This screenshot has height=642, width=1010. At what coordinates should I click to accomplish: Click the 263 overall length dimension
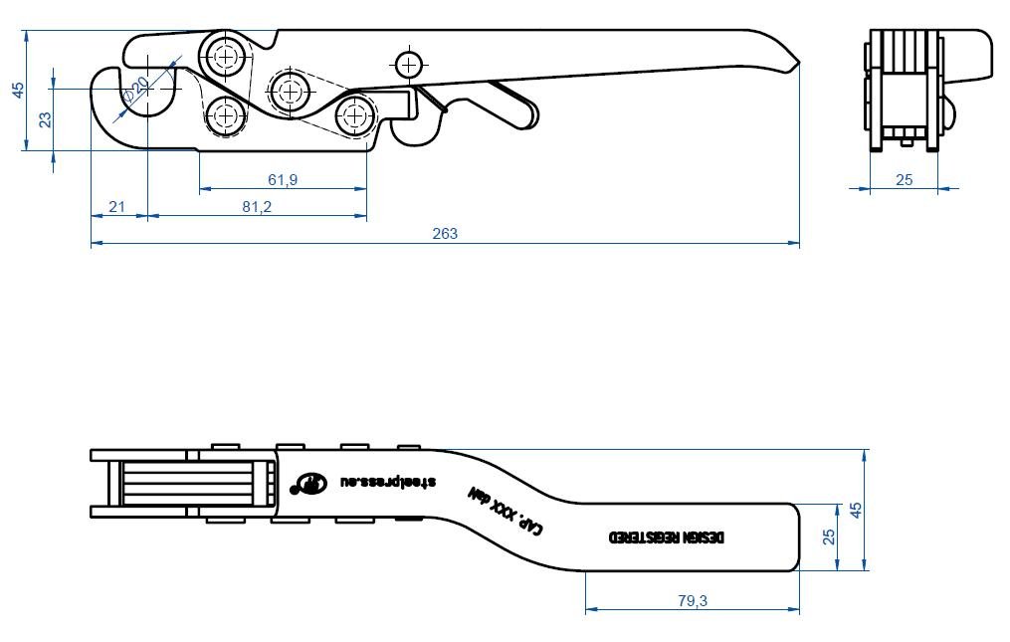tap(445, 234)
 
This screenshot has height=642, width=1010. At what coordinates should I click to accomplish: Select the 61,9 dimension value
tap(284, 179)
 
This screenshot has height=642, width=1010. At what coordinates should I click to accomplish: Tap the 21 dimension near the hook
tap(116, 207)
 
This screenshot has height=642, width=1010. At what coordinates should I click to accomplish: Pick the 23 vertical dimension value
tap(45, 119)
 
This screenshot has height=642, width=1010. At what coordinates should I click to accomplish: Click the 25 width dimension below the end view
tap(904, 179)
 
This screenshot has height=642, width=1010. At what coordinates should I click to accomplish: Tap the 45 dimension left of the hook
tap(17, 90)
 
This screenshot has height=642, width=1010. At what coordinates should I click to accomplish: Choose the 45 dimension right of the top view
tap(855, 510)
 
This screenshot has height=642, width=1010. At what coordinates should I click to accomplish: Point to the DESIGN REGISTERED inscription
tap(668, 537)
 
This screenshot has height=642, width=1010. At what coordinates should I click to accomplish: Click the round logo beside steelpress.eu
tap(308, 483)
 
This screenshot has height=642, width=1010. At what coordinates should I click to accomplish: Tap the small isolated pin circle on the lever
tap(408, 65)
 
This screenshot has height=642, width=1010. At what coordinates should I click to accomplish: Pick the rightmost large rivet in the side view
tap(355, 116)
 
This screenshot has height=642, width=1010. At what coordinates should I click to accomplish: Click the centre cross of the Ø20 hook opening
tap(147, 89)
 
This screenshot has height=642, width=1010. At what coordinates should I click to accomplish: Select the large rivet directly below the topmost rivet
tap(227, 115)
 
